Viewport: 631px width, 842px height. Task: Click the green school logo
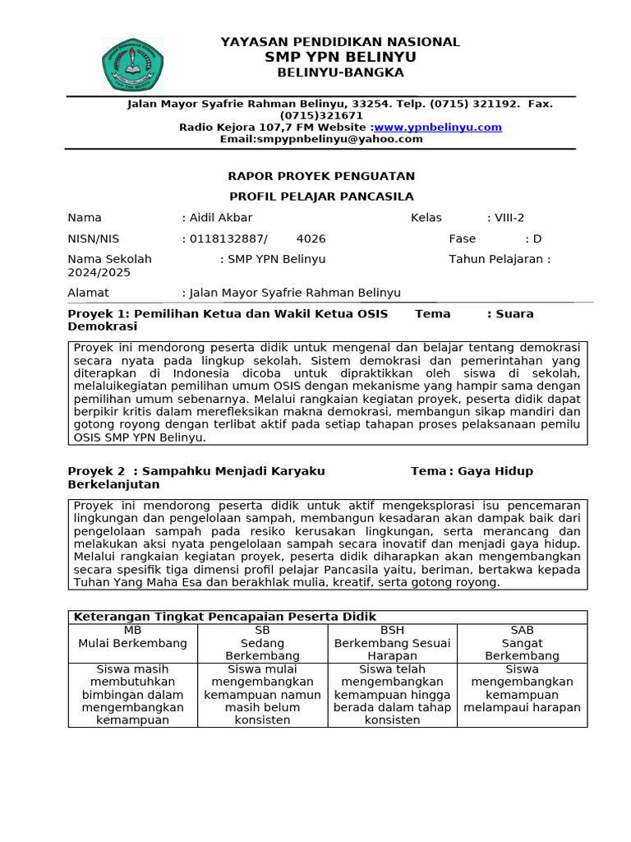click(x=131, y=64)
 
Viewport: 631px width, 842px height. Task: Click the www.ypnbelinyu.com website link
click(x=438, y=127)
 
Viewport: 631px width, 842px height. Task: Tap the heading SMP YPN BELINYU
click(x=340, y=57)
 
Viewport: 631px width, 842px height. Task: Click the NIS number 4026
click(x=311, y=238)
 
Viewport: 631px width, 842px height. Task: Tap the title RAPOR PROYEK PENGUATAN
click(x=321, y=176)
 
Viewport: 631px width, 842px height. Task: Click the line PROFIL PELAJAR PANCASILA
click(x=321, y=197)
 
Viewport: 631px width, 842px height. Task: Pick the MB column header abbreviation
click(x=132, y=630)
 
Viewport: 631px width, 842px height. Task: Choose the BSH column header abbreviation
click(x=392, y=630)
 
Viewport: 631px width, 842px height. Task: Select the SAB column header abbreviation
click(x=522, y=630)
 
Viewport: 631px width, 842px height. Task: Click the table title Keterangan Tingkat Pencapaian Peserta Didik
click(x=225, y=617)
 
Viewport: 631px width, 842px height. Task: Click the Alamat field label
click(x=88, y=293)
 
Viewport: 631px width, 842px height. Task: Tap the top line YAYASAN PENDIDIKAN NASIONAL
click(x=340, y=42)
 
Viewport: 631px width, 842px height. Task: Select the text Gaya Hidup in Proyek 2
click(x=495, y=471)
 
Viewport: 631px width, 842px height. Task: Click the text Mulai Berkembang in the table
click(x=132, y=643)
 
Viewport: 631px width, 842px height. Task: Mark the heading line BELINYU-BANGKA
click(x=340, y=72)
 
